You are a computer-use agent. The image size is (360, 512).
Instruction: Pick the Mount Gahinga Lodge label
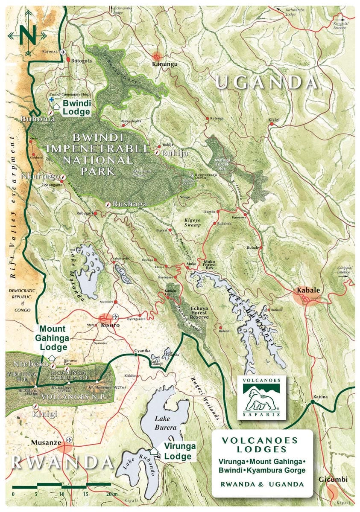coord(53,338)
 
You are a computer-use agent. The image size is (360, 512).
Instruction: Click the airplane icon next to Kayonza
coord(64,52)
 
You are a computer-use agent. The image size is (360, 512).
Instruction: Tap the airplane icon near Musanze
coord(69,439)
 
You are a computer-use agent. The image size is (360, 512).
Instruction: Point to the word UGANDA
coord(266,82)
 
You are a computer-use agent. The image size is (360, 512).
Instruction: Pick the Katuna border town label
coord(320,397)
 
